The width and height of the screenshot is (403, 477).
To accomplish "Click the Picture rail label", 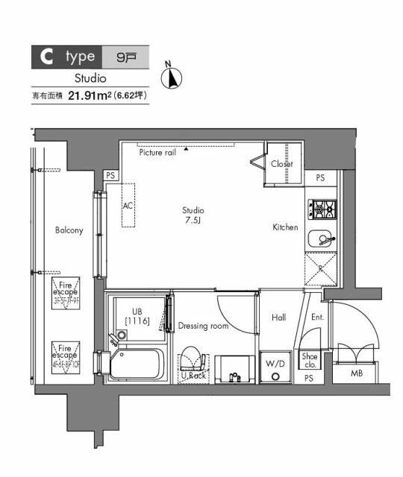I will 157,152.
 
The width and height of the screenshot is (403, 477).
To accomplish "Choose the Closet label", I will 281,164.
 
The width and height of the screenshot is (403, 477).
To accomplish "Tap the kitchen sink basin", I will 322,239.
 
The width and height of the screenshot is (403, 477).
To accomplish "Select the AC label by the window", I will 127,205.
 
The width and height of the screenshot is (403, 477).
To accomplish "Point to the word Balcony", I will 69,230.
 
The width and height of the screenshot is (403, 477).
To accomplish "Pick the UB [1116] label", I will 137,316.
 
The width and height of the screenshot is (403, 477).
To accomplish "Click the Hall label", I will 278,318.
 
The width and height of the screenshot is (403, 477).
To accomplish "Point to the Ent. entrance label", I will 317,318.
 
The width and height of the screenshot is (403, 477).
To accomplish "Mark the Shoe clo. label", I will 310,361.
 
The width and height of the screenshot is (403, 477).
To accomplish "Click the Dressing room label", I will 203,326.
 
